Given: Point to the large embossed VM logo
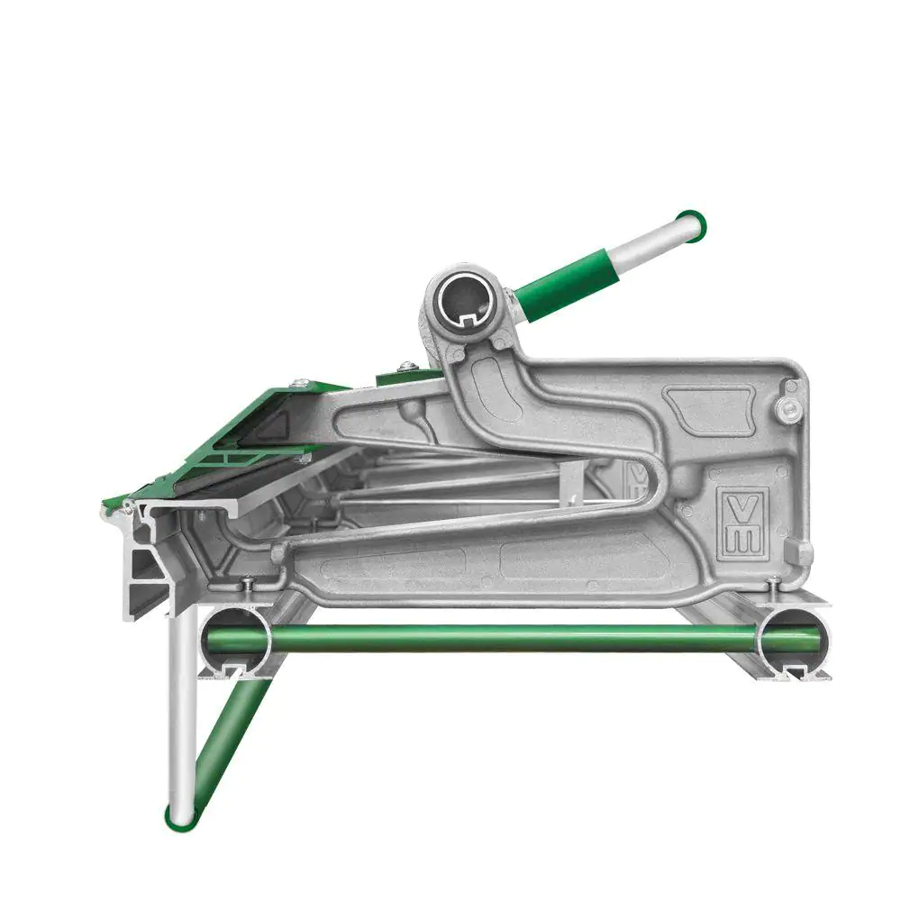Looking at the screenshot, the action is click(x=745, y=521).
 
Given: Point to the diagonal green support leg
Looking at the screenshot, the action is click(x=224, y=748).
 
